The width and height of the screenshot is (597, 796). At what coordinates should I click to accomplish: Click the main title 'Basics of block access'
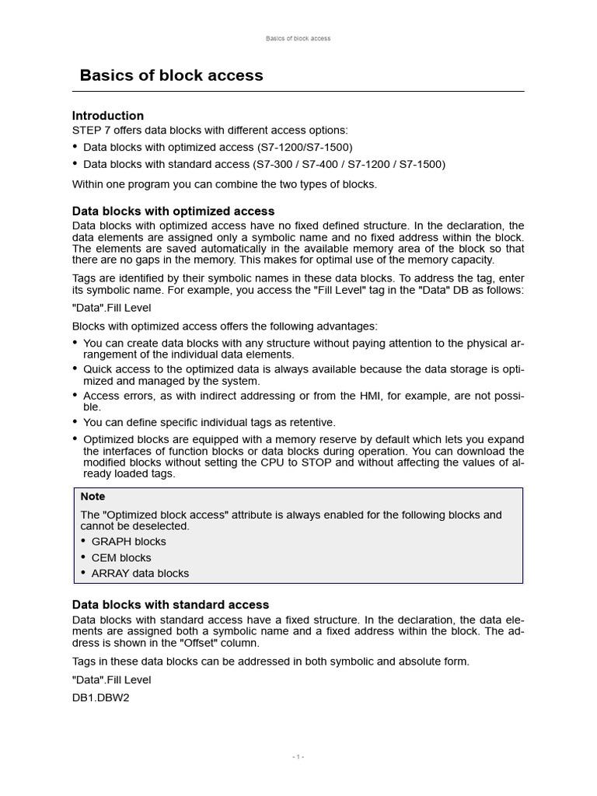(x=171, y=75)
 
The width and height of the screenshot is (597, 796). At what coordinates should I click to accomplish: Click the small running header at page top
(x=298, y=38)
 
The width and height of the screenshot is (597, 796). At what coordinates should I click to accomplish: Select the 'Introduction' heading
(x=108, y=116)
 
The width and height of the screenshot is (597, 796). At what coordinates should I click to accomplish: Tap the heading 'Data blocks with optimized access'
(x=173, y=211)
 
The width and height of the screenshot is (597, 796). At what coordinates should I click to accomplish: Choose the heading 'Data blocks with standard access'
(x=170, y=604)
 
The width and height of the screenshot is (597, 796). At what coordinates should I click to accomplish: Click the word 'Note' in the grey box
(x=93, y=496)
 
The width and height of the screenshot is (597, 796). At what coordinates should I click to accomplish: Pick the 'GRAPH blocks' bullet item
(x=128, y=541)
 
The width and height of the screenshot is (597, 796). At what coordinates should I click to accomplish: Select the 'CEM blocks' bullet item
(x=121, y=557)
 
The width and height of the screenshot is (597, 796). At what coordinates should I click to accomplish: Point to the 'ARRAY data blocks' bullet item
(x=140, y=573)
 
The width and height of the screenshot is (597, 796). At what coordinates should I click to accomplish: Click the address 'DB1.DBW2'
(x=100, y=698)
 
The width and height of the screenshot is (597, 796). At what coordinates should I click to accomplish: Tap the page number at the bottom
(x=298, y=757)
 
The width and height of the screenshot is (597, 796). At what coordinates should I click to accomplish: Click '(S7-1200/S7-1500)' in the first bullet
(x=305, y=147)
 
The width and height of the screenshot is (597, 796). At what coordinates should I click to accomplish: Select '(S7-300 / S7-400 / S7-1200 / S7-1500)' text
(x=348, y=164)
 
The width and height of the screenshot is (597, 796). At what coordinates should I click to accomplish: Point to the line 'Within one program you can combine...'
(x=224, y=184)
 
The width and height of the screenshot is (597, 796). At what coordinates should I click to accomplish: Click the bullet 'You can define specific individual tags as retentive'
(x=209, y=422)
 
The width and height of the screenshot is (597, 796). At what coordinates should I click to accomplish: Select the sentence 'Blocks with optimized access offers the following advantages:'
(x=225, y=326)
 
